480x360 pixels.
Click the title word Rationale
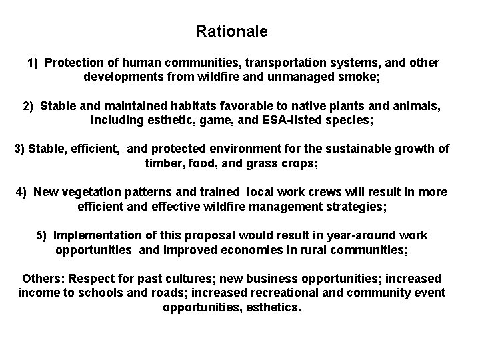232,31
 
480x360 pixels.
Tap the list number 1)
33,63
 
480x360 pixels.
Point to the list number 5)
43,235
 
